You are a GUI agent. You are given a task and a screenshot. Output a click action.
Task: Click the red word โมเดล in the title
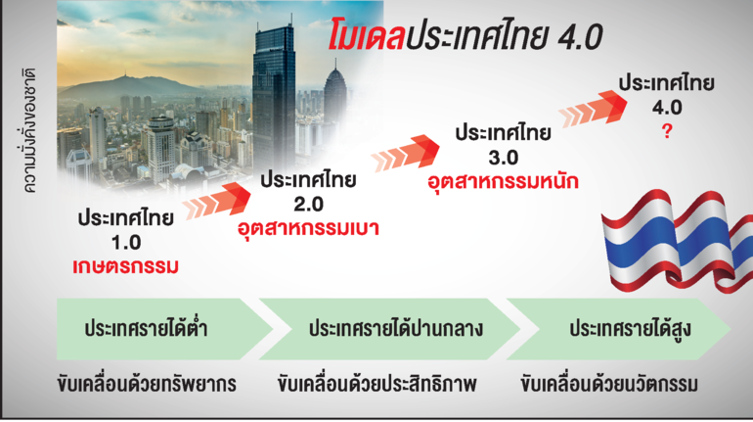click(367, 35)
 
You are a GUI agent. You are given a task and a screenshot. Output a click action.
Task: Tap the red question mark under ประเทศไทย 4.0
click(667, 131)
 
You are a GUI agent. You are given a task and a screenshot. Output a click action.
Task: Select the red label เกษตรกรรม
click(126, 266)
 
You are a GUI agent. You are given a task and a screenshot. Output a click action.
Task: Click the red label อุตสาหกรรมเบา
click(308, 228)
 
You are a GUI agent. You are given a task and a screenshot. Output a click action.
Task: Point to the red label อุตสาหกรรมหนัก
click(503, 182)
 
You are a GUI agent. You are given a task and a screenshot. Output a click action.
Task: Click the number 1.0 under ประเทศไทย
click(126, 242)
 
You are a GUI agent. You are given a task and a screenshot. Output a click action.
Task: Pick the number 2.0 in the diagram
click(308, 205)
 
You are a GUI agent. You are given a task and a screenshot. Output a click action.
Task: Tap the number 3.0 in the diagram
click(503, 158)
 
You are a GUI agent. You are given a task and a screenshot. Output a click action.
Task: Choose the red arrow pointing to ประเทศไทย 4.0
click(593, 110)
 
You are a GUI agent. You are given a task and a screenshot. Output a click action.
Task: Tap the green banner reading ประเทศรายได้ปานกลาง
click(389, 329)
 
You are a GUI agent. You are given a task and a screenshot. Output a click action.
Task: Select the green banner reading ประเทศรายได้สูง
click(618, 329)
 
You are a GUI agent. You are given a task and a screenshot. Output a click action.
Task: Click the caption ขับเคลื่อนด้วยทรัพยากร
click(147, 385)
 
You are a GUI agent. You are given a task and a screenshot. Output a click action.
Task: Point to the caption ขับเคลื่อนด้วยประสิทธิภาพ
click(376, 385)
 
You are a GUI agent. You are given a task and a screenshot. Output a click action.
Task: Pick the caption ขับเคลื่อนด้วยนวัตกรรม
click(609, 385)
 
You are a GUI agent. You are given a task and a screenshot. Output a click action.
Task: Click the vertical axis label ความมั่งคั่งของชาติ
click(29, 131)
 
